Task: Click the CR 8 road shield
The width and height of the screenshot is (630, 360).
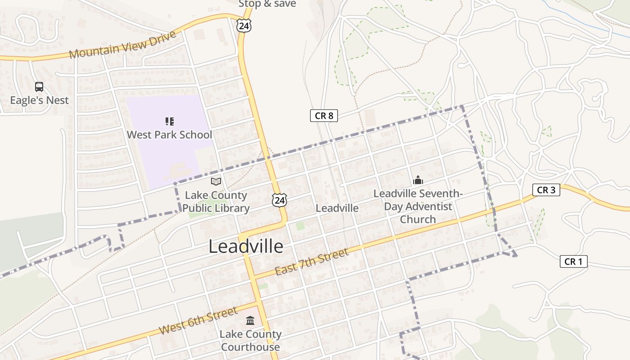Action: pyautogui.click(x=324, y=116)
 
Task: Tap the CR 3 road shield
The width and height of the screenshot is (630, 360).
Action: pyautogui.click(x=546, y=190)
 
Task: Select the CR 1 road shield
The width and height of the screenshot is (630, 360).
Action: pyautogui.click(x=573, y=261)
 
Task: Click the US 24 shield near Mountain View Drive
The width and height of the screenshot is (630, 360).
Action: pyautogui.click(x=243, y=26)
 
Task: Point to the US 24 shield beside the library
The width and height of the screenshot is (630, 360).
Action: pyautogui.click(x=279, y=200)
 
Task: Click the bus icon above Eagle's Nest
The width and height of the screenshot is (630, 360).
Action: pyautogui.click(x=39, y=86)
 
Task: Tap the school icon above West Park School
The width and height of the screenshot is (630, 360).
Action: pyautogui.click(x=169, y=121)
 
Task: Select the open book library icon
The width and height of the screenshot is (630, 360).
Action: pyautogui.click(x=216, y=181)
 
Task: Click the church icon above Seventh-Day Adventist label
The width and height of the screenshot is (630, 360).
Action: pyautogui.click(x=418, y=180)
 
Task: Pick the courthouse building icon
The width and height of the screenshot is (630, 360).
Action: pyautogui.click(x=250, y=320)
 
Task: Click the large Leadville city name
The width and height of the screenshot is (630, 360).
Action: pyautogui.click(x=246, y=246)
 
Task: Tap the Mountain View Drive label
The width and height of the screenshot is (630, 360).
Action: pyautogui.click(x=122, y=45)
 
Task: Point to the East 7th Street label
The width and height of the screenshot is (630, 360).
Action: pyautogui.click(x=311, y=262)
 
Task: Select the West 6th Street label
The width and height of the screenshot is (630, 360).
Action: pyautogui.click(x=198, y=321)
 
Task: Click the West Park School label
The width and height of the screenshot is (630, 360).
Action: pyautogui.click(x=169, y=135)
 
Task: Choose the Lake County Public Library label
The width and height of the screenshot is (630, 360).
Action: pyautogui.click(x=216, y=202)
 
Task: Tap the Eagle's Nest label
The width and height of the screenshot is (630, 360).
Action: pyautogui.click(x=40, y=100)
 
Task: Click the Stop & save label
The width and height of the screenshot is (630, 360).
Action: pyautogui.click(x=267, y=4)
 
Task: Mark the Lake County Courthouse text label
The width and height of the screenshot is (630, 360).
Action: pyautogui.click(x=250, y=341)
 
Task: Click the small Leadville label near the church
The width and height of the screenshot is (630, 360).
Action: pyautogui.click(x=337, y=208)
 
